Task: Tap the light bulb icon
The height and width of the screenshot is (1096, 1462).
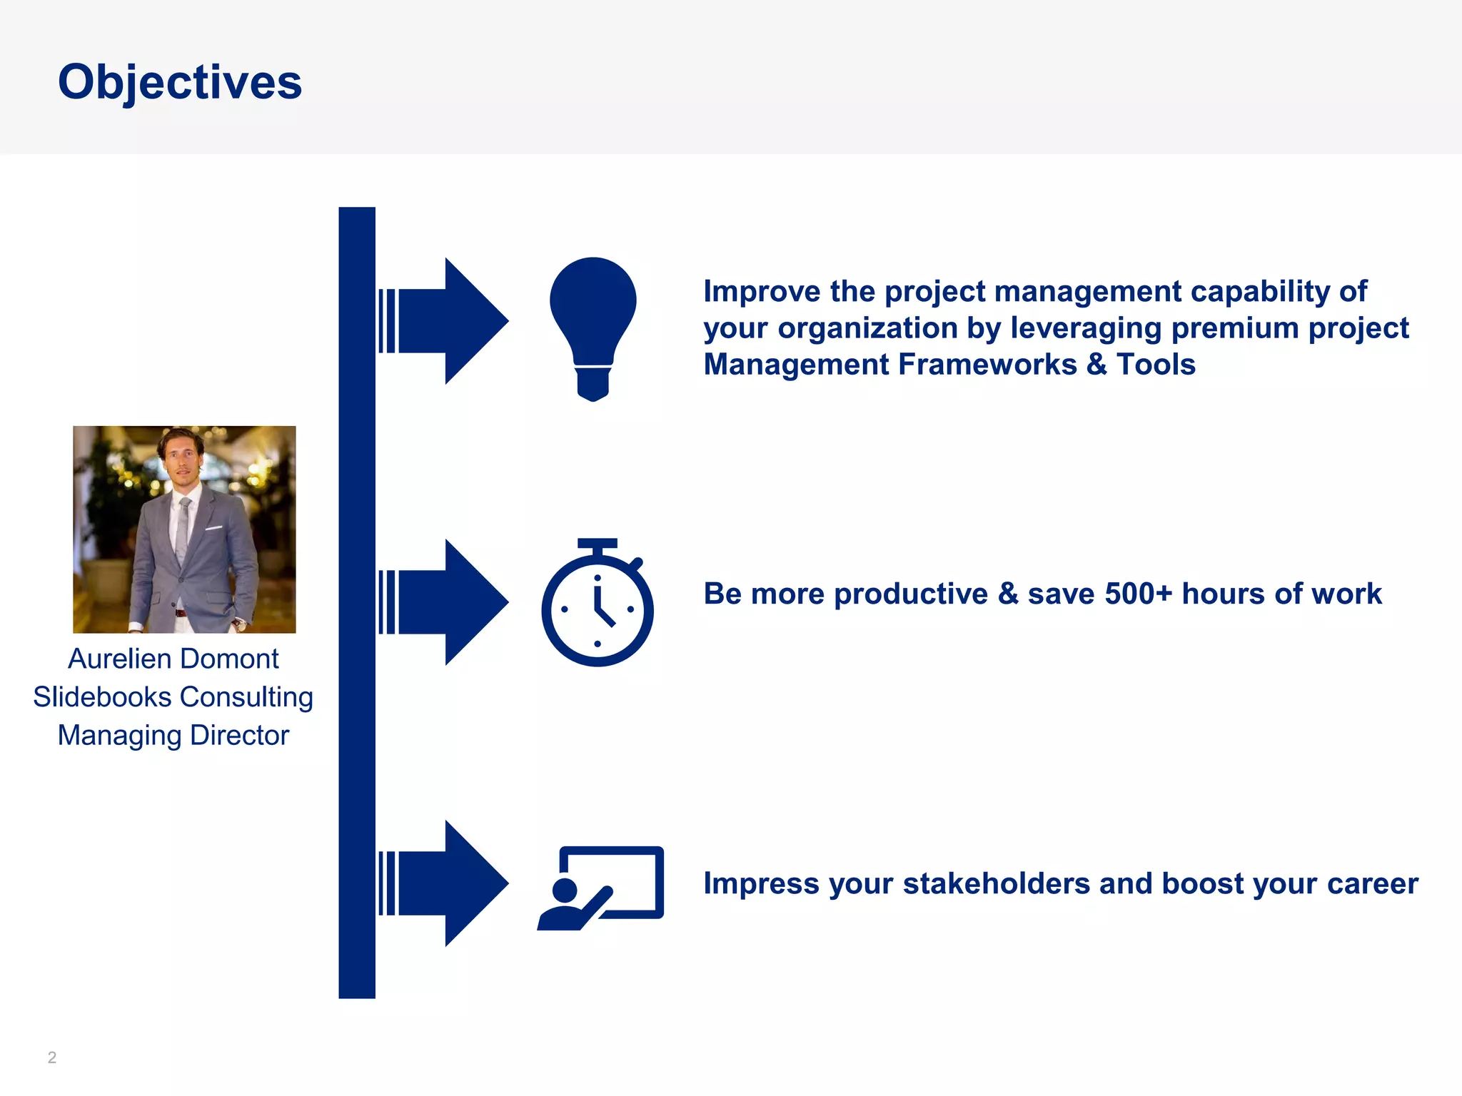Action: click(x=593, y=329)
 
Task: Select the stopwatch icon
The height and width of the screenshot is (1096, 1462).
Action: click(x=598, y=603)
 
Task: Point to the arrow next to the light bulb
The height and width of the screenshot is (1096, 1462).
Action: click(x=443, y=321)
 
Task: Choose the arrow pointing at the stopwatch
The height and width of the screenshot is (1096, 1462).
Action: click(x=443, y=602)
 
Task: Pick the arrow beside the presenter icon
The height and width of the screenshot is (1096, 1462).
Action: click(x=443, y=883)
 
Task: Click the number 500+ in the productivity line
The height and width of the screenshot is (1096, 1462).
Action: click(x=1139, y=594)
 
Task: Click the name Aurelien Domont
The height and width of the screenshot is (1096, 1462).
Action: click(x=173, y=659)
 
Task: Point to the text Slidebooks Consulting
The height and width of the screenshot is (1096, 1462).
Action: click(x=173, y=697)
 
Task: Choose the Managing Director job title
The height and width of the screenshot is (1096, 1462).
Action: click(x=173, y=736)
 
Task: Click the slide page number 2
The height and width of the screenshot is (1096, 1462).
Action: click(x=52, y=1057)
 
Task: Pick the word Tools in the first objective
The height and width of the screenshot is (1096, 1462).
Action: click(x=1156, y=365)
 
